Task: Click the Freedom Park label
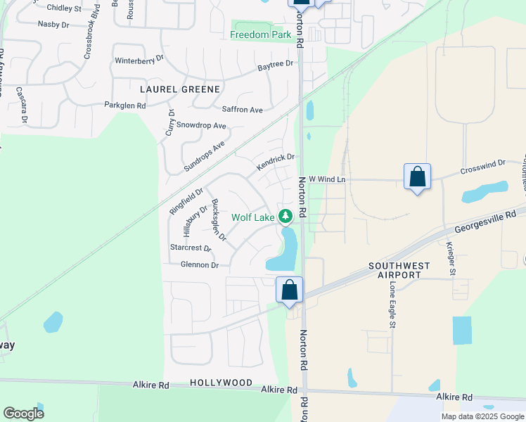[x=260, y=34]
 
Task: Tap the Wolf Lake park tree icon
[x=285, y=215]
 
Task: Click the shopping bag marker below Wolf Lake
[x=289, y=290]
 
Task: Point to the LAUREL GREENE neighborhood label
[x=180, y=89]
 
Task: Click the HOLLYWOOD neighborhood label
[x=221, y=383]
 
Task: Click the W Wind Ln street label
[x=327, y=179]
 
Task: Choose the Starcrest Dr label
[x=191, y=248]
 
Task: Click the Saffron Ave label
[x=242, y=110]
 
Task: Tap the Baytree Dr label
[x=275, y=65]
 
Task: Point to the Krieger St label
[x=450, y=259]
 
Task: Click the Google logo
[x=23, y=414]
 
